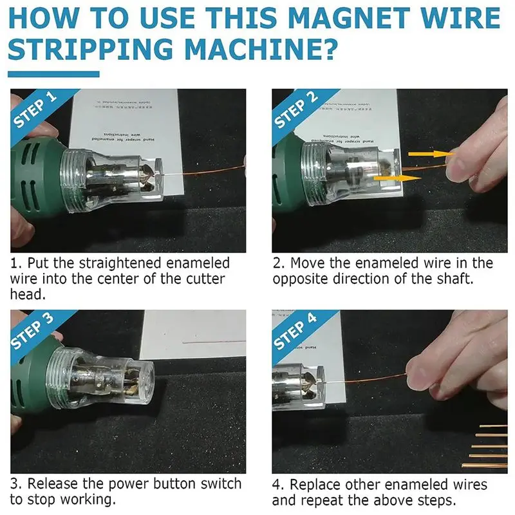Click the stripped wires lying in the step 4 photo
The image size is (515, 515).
pyautogui.click(x=489, y=444)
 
